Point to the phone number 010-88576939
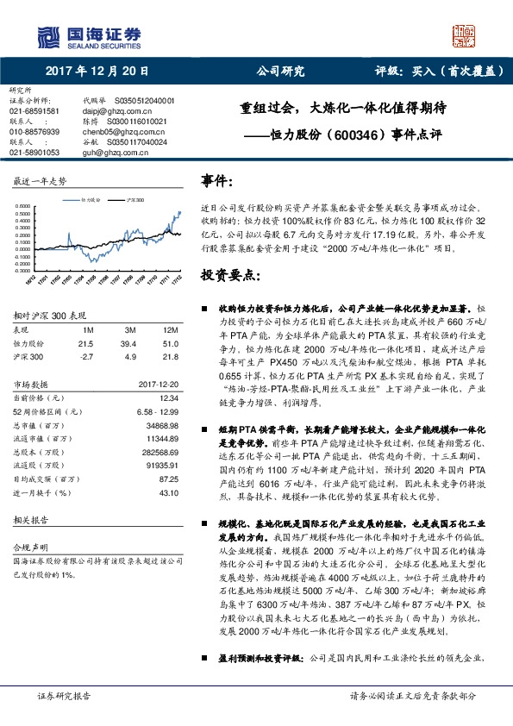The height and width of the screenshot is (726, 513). pos(34,131)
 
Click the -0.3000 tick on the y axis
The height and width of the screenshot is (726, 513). pos(23,269)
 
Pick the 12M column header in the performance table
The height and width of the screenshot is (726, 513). pos(170,331)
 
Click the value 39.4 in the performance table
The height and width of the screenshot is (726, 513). pos(129,343)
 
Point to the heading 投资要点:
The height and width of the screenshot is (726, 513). pos(229,276)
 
